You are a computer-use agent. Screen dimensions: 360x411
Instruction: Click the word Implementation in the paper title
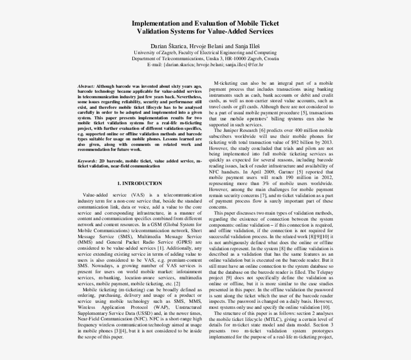(x=156, y=23)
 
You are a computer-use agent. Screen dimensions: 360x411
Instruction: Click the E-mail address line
(x=205, y=65)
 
